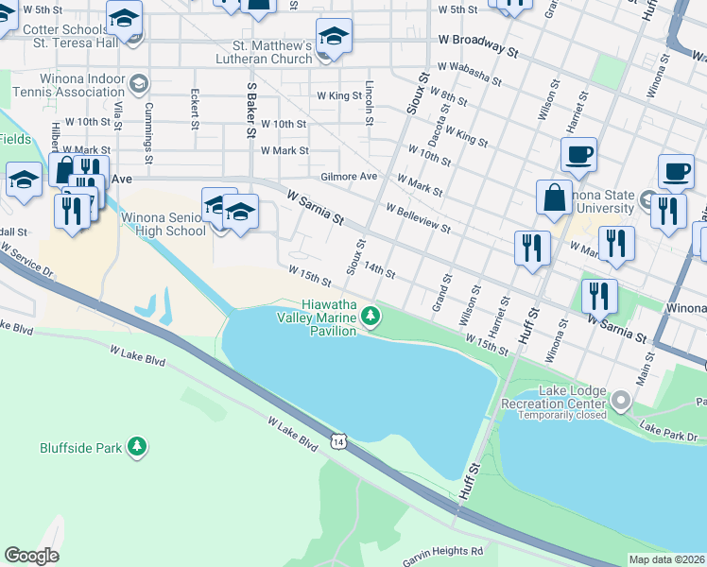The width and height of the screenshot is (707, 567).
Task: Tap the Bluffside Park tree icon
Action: click(x=138, y=446)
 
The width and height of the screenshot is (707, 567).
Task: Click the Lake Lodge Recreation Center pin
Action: click(x=621, y=402)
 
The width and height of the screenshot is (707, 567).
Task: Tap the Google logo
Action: click(x=31, y=556)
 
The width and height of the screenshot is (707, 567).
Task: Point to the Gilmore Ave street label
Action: click(x=349, y=176)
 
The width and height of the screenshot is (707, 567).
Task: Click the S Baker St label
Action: click(x=251, y=110)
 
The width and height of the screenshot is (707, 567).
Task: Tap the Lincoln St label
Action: click(x=369, y=102)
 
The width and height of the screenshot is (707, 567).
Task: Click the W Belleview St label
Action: click(x=417, y=216)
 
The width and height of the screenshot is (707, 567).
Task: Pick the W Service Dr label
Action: click(x=27, y=259)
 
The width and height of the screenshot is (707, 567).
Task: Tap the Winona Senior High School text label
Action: click(x=163, y=224)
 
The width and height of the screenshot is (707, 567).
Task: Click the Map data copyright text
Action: click(x=666, y=559)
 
